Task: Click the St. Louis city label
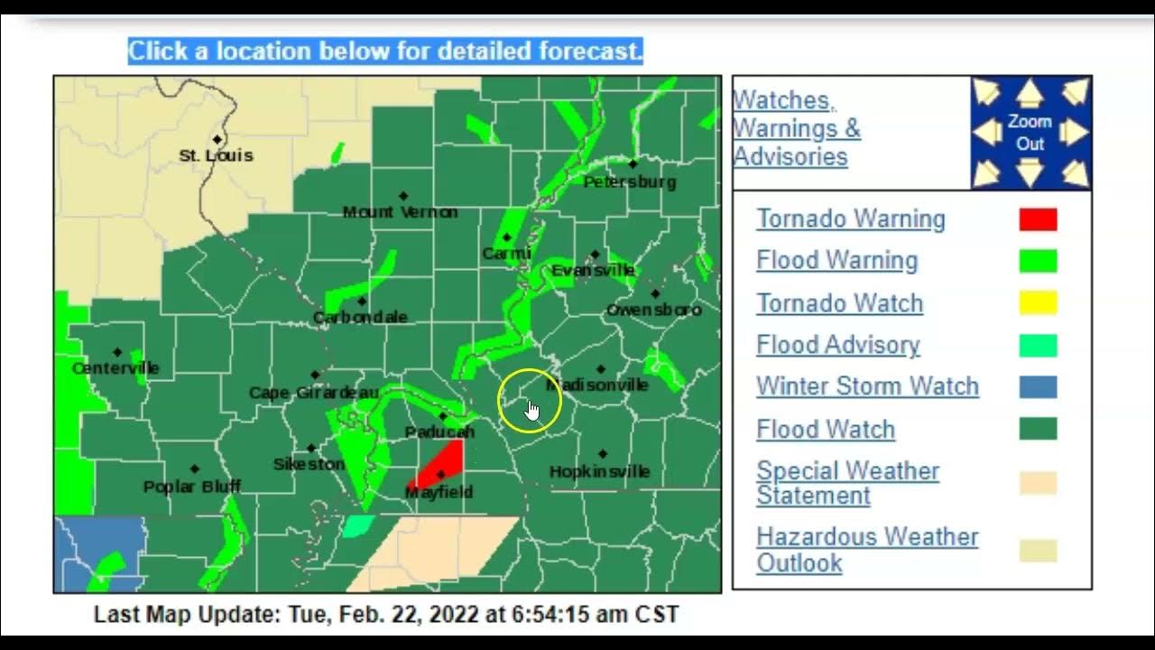click(216, 155)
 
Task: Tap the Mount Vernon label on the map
click(400, 212)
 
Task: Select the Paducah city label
click(439, 432)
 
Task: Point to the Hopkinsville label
click(599, 471)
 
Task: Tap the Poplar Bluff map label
click(192, 487)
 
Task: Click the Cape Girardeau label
click(313, 393)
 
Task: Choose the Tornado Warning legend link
click(851, 219)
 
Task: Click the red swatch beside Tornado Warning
click(1038, 219)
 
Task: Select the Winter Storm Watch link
click(867, 386)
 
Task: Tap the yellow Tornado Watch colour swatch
click(1038, 303)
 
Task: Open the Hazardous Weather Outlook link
click(867, 549)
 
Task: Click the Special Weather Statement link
click(847, 483)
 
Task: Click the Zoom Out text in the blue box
click(1030, 133)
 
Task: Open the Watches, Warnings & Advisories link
click(796, 128)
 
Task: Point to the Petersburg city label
click(629, 182)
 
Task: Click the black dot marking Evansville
click(595, 255)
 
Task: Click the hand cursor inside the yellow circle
click(531, 411)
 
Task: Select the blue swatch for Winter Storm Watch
click(1038, 387)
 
